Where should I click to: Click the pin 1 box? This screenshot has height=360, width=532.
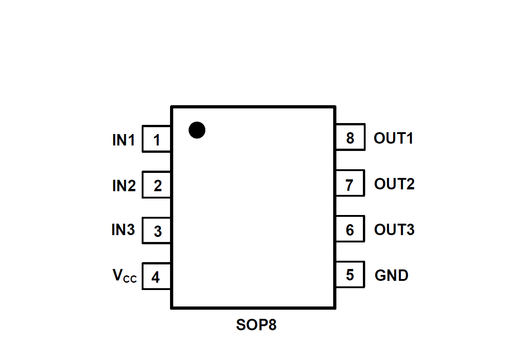pos(157,139)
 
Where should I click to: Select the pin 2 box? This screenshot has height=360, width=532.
pos(157,185)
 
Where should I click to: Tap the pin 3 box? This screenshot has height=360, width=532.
pos(157,231)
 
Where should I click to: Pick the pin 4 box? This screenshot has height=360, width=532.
pos(157,276)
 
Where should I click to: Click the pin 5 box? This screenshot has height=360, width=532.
pos(350,274)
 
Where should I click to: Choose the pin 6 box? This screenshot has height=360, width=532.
pos(350,229)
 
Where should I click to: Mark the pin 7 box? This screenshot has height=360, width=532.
pos(350,183)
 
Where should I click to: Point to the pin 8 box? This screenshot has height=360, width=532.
pos(350,137)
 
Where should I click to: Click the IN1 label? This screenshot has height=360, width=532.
pos(124,140)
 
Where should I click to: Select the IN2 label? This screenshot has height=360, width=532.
pos(124,186)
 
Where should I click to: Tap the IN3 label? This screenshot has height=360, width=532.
pos(123,230)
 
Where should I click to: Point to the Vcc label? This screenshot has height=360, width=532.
pos(124,276)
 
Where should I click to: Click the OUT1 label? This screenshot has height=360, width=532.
pos(394,138)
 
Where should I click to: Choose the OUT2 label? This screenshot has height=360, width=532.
pos(394,184)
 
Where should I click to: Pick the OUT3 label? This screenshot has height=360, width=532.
pos(394,229)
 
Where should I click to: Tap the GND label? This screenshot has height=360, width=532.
pos(392,275)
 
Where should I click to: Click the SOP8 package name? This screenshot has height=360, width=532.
pos(256,325)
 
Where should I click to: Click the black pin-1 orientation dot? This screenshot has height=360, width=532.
pos(197,130)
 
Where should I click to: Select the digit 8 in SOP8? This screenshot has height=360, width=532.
pos(272,325)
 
